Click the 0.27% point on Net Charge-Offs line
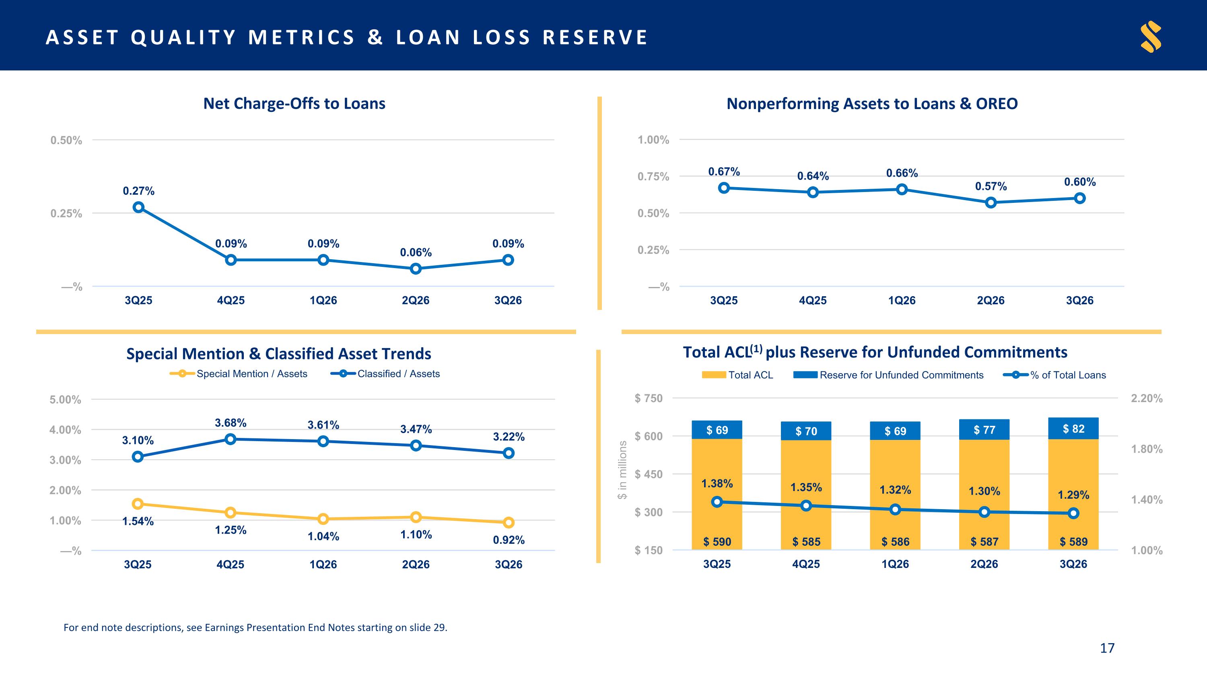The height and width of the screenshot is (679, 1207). click(138, 207)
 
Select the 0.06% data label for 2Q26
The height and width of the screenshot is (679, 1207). click(416, 253)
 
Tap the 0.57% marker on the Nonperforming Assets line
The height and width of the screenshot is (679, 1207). click(991, 202)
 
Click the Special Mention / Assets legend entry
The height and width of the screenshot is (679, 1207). click(239, 374)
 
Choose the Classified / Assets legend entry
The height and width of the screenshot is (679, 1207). click(385, 374)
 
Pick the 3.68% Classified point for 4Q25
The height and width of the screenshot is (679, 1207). click(230, 439)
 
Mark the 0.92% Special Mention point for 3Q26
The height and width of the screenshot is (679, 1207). click(509, 522)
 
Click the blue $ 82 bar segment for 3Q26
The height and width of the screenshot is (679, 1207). click(1073, 428)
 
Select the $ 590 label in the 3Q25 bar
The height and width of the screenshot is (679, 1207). click(717, 542)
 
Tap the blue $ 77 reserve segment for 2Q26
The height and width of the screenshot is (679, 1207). click(984, 429)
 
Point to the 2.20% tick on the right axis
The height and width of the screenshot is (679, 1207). click(1147, 398)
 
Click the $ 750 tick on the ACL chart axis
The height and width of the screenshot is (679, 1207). click(649, 398)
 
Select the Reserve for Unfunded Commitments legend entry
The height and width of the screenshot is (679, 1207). click(888, 375)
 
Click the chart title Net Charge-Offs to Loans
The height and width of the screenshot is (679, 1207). click(294, 103)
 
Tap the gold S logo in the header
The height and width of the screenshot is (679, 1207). click(1151, 37)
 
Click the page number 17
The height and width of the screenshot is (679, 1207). click(1107, 648)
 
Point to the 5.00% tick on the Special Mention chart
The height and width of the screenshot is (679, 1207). click(65, 400)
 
